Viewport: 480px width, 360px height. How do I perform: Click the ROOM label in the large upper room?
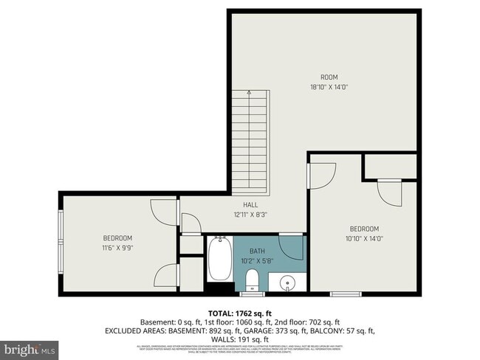click(x=329, y=77)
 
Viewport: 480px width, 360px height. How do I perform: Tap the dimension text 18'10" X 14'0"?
click(x=329, y=87)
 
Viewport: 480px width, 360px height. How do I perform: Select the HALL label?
click(x=240, y=205)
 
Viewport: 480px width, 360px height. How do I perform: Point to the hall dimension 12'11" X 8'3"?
click(x=240, y=215)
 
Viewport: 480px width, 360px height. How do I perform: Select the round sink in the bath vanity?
click(x=287, y=282)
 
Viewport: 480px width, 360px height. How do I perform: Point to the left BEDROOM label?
click(x=117, y=238)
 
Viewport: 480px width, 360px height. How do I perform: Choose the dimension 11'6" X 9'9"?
click(x=117, y=247)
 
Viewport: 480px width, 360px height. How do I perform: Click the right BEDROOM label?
click(x=364, y=229)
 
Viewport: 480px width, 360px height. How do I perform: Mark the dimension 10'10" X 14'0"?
click(x=364, y=238)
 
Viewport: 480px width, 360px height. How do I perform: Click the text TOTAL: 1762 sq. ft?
click(x=240, y=313)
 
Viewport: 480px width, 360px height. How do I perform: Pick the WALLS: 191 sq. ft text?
click(x=240, y=340)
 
